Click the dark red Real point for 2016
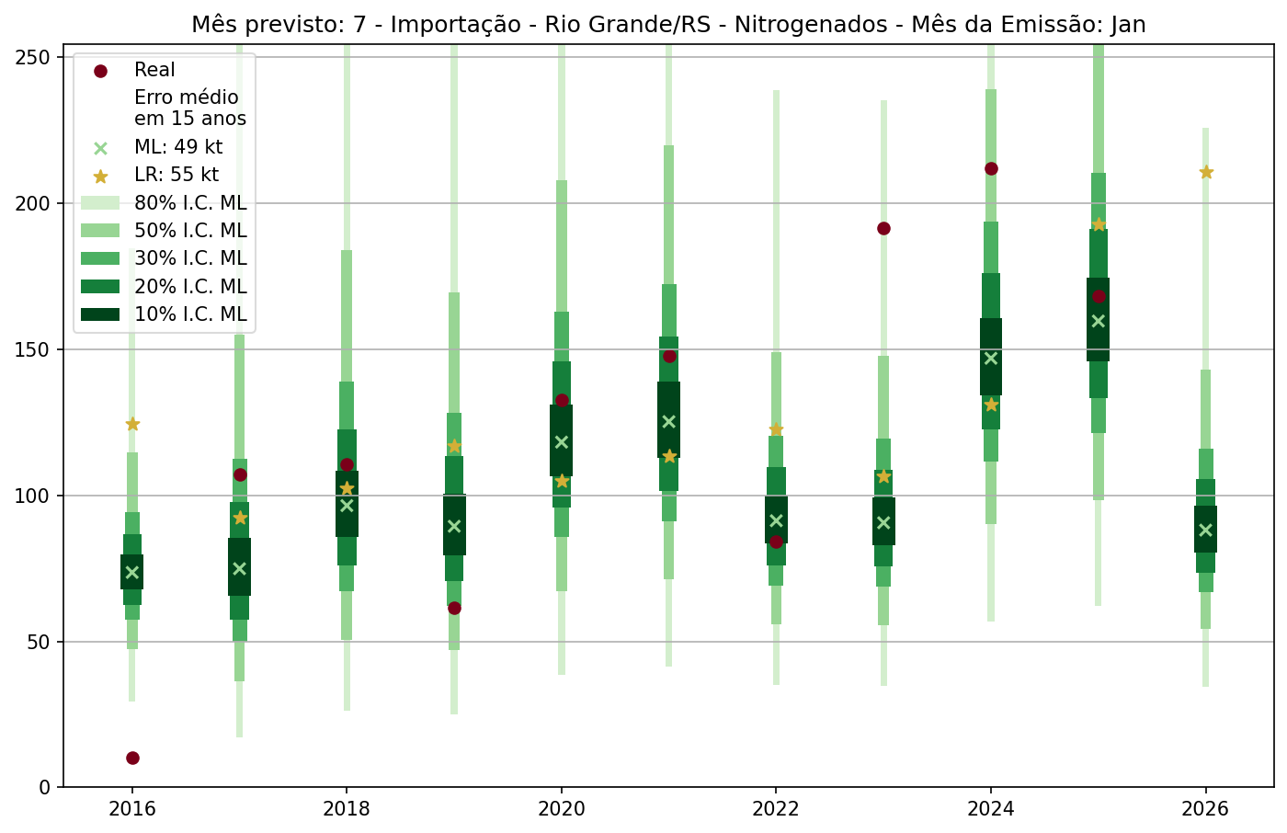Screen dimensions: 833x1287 click(x=132, y=758)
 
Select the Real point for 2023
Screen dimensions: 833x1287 click(x=883, y=228)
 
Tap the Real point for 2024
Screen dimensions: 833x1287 click(x=991, y=168)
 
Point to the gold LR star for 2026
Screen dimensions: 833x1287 click(x=1206, y=172)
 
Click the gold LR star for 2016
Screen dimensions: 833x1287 click(x=132, y=424)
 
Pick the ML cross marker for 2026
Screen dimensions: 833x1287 click(x=1205, y=530)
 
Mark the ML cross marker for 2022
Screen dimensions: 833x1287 click(x=776, y=520)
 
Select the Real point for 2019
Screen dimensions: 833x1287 click(x=454, y=608)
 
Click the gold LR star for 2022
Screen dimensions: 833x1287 click(x=776, y=429)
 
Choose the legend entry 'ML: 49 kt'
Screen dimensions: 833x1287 click(x=177, y=147)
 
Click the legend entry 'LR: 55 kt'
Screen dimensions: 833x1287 click(x=176, y=176)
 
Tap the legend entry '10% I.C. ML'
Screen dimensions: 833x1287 click(x=190, y=314)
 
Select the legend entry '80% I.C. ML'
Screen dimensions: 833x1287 click(x=190, y=203)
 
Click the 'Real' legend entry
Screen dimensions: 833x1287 click(x=154, y=70)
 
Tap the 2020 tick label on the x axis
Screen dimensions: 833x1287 click(x=561, y=809)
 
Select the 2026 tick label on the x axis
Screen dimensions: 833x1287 click(x=1205, y=809)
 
